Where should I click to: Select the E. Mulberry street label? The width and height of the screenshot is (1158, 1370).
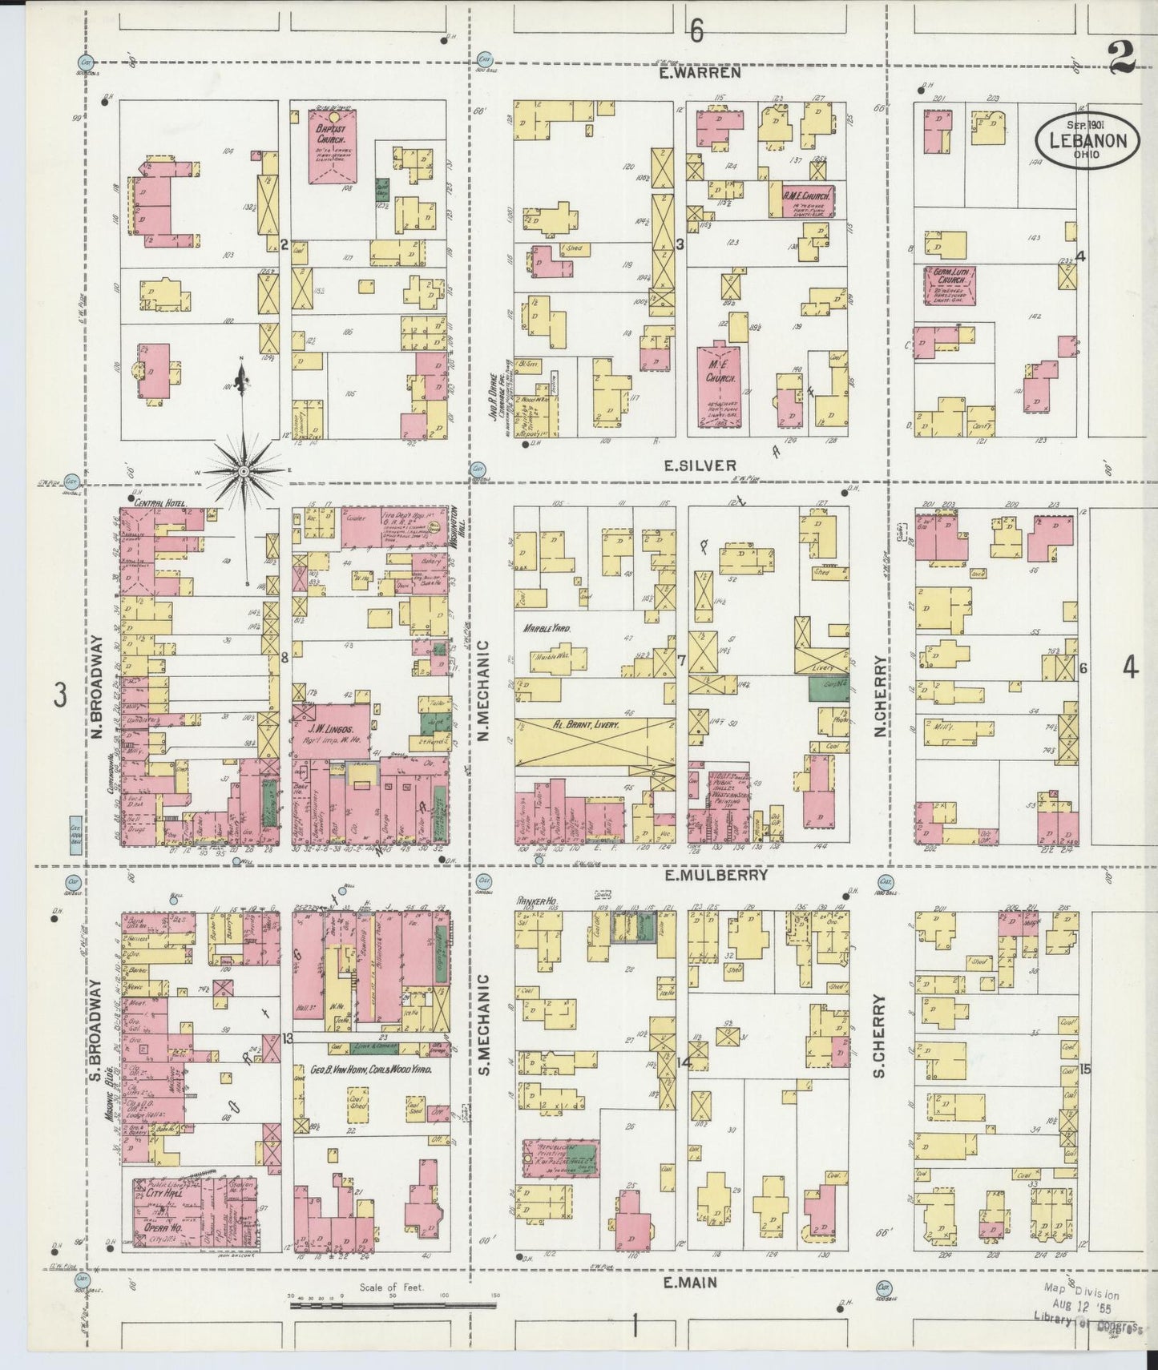[715, 875]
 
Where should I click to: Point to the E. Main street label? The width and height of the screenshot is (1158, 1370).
[690, 1283]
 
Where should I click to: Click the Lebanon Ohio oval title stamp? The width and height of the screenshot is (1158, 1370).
[1087, 141]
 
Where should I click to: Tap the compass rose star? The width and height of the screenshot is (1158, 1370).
[243, 471]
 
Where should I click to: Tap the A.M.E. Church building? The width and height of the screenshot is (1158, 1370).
[806, 199]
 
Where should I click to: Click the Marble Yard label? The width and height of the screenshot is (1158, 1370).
[548, 628]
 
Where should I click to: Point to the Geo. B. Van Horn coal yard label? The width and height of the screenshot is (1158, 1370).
[371, 1070]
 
